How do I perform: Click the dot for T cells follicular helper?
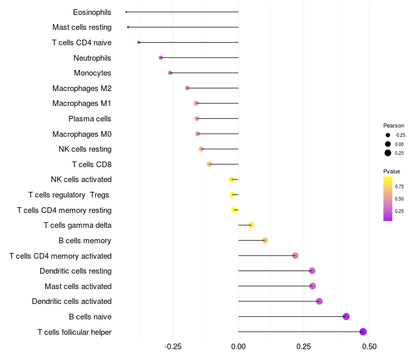coord(363,332)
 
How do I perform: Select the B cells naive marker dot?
coord(346,316)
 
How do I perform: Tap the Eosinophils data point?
coord(126,12)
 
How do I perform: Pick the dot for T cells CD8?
coord(209,164)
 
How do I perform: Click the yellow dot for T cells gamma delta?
coord(251,225)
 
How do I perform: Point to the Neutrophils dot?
coord(161,58)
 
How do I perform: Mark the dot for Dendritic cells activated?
coord(319,301)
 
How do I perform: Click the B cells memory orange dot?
coord(265,240)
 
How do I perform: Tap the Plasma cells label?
coord(90,119)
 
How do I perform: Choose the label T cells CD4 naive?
coord(82,43)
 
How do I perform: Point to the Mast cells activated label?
coord(78,286)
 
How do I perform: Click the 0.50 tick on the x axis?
coord(369,347)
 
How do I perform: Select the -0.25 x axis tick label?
coord(172,347)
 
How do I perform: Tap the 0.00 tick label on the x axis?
coord(238,347)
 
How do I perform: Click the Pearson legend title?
coord(394,125)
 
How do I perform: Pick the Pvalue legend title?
coord(391,171)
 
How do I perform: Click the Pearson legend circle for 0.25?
coord(388,153)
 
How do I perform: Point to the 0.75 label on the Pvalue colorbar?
coord(399,186)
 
